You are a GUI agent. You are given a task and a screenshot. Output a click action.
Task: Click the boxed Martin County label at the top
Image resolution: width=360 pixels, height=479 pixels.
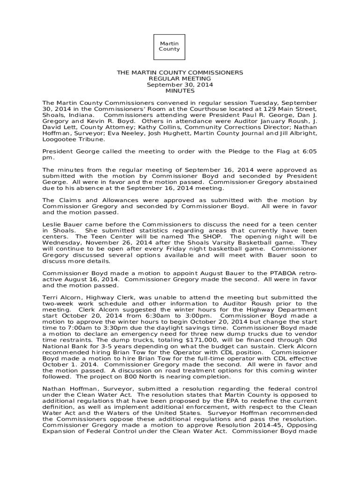click(x=169, y=46)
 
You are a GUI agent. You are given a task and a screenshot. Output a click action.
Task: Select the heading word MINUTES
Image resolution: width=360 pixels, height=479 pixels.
click(x=180, y=91)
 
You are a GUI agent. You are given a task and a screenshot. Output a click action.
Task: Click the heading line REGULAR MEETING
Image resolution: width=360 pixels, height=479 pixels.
click(x=180, y=79)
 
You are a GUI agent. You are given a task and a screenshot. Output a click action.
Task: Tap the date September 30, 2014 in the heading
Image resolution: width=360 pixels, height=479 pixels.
click(x=180, y=85)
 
